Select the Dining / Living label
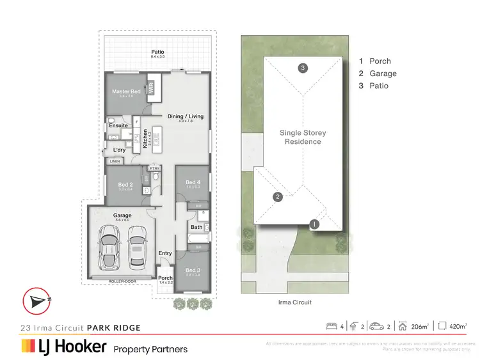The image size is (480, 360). [186, 116]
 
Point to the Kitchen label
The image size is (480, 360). [146, 138]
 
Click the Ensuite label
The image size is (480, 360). [118, 125]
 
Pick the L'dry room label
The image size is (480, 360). [119, 150]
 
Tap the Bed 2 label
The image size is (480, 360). [125, 185]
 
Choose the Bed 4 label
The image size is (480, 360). [193, 183]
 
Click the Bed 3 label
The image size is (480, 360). [193, 270]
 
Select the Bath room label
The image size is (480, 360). [196, 227]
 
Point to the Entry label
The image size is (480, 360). [165, 253]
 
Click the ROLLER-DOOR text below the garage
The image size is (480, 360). [122, 281]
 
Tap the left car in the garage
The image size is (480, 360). [109, 249]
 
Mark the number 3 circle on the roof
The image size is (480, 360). [303, 68]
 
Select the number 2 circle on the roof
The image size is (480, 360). [278, 197]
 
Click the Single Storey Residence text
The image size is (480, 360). [303, 137]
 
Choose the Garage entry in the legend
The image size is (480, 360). [378, 74]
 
